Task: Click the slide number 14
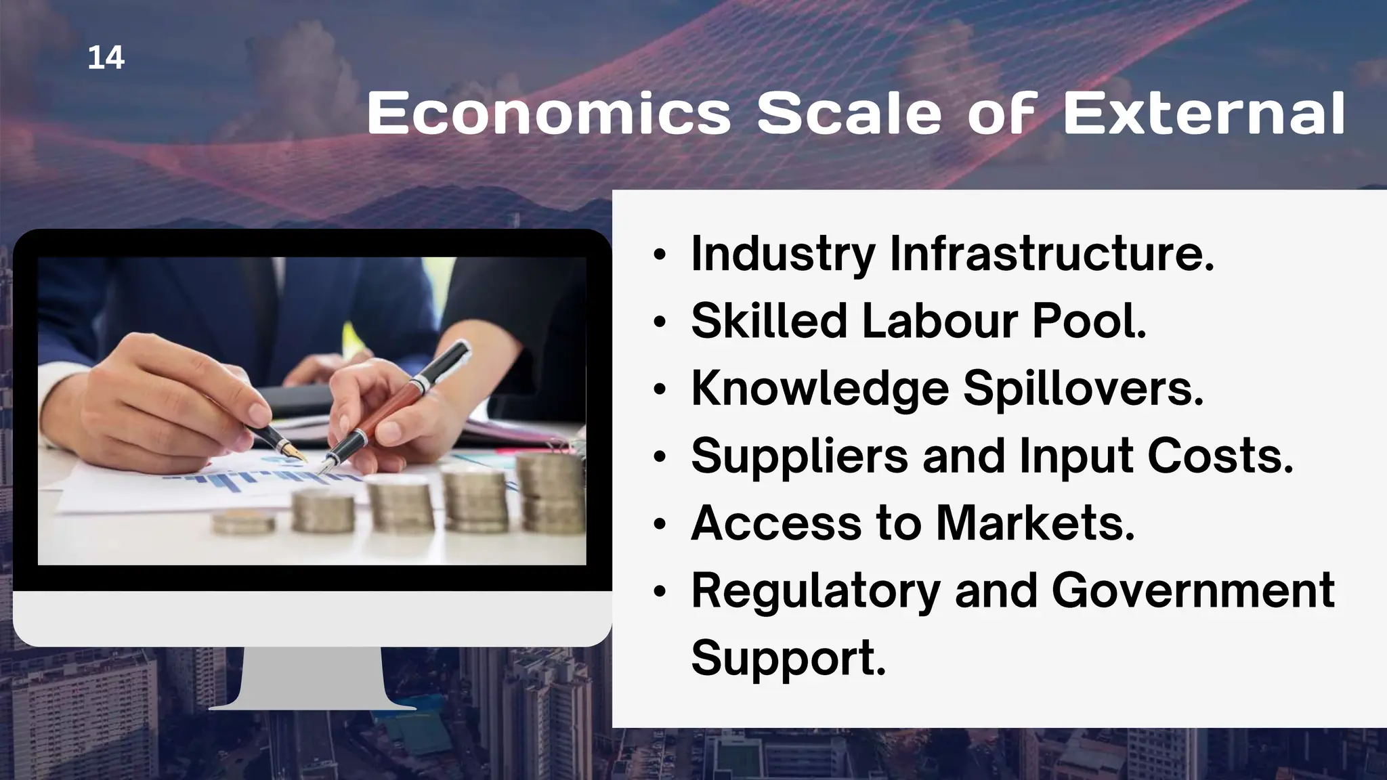(x=106, y=58)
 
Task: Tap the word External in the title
(x=1203, y=113)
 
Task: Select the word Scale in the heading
(x=849, y=113)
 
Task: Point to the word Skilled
(x=769, y=320)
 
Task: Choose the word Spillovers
(x=1083, y=389)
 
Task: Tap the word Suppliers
(x=799, y=456)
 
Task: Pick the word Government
(x=1193, y=590)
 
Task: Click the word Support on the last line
(x=788, y=658)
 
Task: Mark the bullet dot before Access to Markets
(x=660, y=525)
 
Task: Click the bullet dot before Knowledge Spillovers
(x=660, y=391)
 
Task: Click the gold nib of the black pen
(x=295, y=453)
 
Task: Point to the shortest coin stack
(x=243, y=522)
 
